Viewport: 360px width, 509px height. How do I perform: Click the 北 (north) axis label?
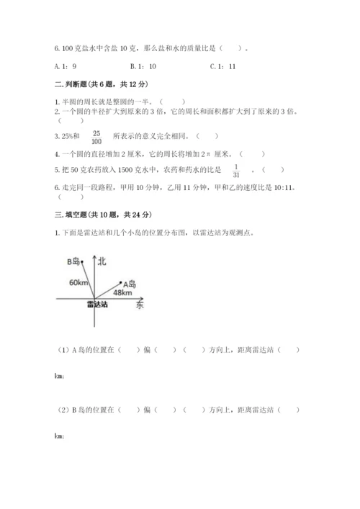click(102, 261)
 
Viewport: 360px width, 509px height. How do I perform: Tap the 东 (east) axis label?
click(139, 306)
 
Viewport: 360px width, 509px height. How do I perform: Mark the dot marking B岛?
click(81, 262)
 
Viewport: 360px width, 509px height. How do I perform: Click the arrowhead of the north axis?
click(92, 256)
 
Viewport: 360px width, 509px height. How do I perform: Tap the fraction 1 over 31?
click(235, 171)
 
